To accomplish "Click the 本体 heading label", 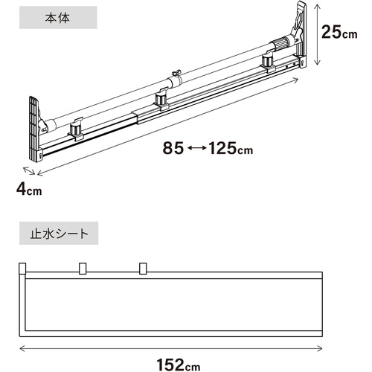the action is (57, 18).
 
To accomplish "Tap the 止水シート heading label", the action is (59, 234).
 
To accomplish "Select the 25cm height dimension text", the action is (339, 32).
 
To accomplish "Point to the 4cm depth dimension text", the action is (29, 190).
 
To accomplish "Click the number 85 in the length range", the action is (173, 148).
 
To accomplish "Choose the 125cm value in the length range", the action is (231, 148).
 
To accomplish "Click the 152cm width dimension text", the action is (179, 365).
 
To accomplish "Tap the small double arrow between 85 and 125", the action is (196, 148).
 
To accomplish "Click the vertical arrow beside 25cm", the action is (317, 35).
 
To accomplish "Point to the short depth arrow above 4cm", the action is (29, 171).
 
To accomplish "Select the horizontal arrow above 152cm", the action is (171, 348).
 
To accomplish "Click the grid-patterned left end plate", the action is (34, 129).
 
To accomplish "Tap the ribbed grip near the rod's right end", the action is (279, 44).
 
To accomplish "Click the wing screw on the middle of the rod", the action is (176, 74).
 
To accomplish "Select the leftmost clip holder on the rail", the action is (76, 130).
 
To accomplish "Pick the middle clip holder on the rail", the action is (161, 99).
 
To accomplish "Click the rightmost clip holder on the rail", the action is (269, 62).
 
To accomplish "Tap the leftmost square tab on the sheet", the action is (22, 268).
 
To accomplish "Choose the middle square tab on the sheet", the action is (83, 269).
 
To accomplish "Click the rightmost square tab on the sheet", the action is (143, 269).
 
